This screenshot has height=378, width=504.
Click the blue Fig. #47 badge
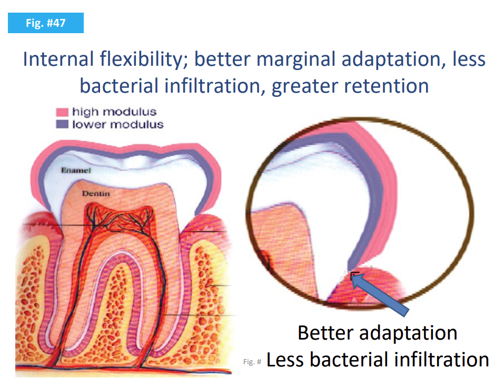pos(46,23)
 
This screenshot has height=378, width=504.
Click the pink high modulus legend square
pos(62,112)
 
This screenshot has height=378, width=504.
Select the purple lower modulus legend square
pos(62,124)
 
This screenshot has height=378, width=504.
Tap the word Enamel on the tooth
pos(76,170)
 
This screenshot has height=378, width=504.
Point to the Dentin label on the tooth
pos(96,194)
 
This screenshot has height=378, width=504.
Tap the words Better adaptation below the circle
pos(378,333)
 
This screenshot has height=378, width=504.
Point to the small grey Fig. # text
pos(252,362)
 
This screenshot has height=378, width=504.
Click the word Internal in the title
pos(58,59)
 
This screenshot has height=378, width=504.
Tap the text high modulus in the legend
pos(114,112)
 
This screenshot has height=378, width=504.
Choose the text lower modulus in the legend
pos(118,124)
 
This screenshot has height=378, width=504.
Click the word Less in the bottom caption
pos(285,360)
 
